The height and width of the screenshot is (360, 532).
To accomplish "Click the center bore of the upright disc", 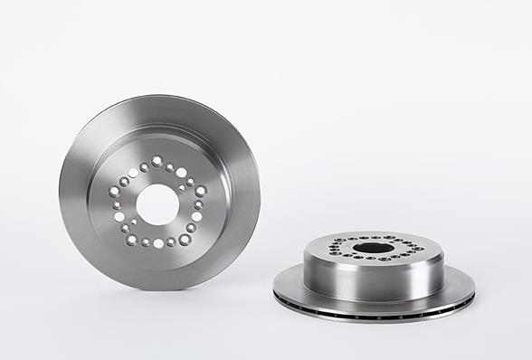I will (158, 204).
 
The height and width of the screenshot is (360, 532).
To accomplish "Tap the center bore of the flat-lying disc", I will (373, 248).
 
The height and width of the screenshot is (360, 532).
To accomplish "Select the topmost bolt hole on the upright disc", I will (157, 161).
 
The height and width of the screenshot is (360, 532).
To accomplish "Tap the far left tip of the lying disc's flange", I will (274, 291).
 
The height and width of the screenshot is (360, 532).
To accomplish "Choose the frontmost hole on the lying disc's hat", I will (374, 261).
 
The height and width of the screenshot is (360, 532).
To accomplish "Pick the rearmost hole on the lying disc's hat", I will (373, 237).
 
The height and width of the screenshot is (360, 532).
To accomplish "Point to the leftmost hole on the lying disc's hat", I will (332, 247).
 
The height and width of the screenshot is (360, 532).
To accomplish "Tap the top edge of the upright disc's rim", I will (163, 98).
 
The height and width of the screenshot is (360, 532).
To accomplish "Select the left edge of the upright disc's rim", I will (61, 194).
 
